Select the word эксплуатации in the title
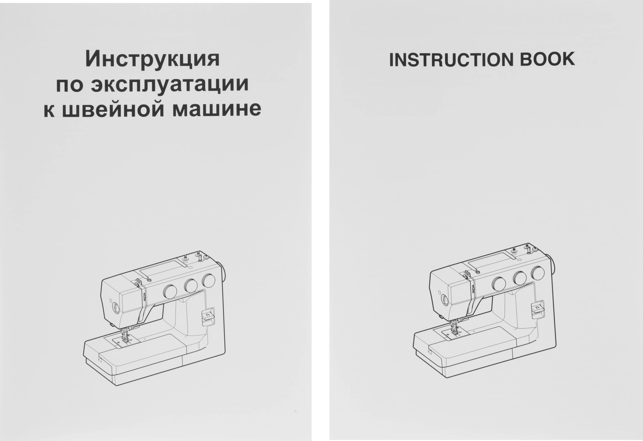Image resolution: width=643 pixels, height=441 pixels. point(170,84)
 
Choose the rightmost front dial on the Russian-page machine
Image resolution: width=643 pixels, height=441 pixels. point(209,281)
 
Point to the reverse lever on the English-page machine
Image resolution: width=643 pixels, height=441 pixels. point(538,308)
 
